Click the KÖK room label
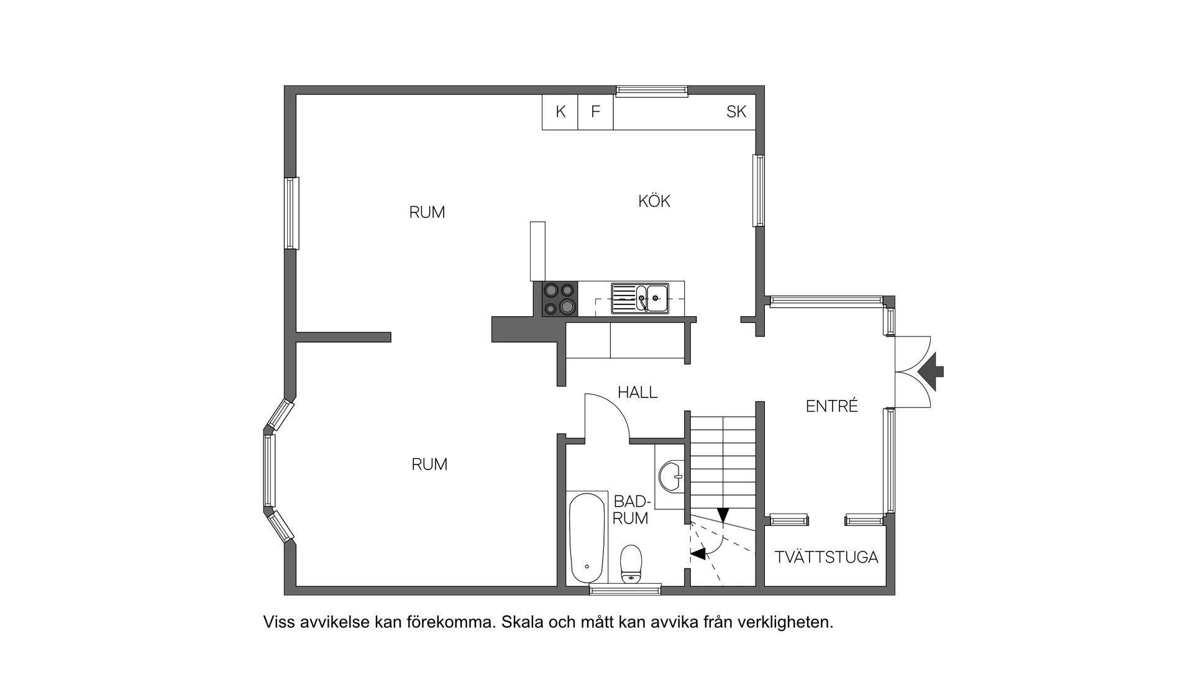point(654,201)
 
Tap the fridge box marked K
point(560,112)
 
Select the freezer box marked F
point(595,112)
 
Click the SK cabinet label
point(736,112)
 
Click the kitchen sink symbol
point(640,298)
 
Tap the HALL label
point(637,392)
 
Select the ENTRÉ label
point(831,407)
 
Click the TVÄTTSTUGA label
point(826,557)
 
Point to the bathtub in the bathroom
point(587,537)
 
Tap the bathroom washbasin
point(671,476)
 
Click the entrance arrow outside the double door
point(931,372)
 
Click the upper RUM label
point(427,212)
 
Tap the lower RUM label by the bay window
point(429,465)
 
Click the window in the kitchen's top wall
point(652,91)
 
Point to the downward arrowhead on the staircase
point(723,515)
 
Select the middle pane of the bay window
point(269,470)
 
